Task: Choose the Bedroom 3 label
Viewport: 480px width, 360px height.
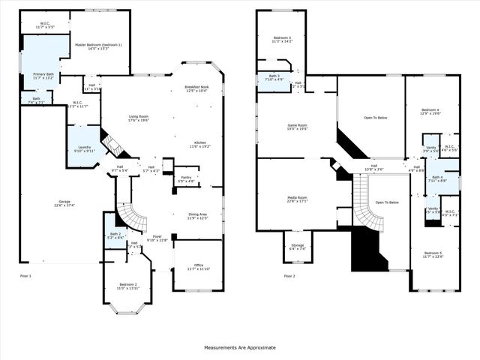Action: pyautogui.click(x=283, y=39)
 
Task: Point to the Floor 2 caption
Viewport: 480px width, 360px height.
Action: pyautogui.click(x=289, y=277)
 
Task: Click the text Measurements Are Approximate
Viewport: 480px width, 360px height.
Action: pyautogui.click(x=240, y=347)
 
